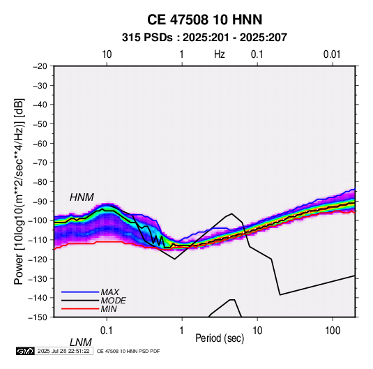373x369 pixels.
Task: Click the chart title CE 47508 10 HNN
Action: (204, 20)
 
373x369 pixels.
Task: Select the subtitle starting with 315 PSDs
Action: (204, 38)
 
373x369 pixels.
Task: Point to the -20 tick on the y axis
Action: (40, 66)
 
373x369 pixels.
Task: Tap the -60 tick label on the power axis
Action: (40, 143)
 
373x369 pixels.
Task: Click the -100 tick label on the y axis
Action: (38, 220)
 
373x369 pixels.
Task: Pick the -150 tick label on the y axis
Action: (38, 317)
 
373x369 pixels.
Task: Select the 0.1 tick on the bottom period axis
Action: (107, 331)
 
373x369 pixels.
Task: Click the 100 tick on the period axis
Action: (333, 331)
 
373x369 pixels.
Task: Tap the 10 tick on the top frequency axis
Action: (107, 54)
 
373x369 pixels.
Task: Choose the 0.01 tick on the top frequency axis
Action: (332, 54)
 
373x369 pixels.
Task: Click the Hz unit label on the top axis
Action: (220, 54)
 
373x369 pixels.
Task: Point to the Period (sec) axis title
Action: (220, 338)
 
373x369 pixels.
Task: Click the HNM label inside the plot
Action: (82, 197)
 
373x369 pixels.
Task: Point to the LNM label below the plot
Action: (81, 342)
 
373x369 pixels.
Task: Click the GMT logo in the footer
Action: (25, 351)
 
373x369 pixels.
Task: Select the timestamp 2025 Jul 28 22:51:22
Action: (63, 351)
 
